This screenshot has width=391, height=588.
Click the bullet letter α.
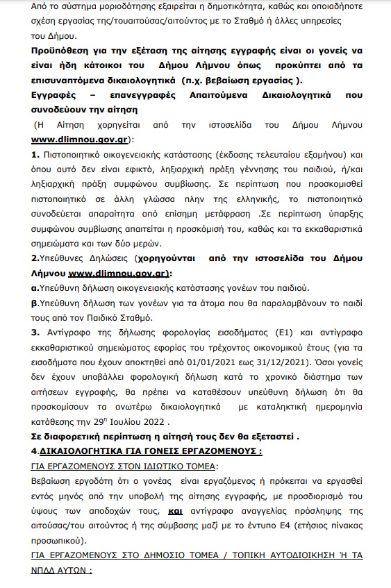[35, 287]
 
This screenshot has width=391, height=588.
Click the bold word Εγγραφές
[58, 96]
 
